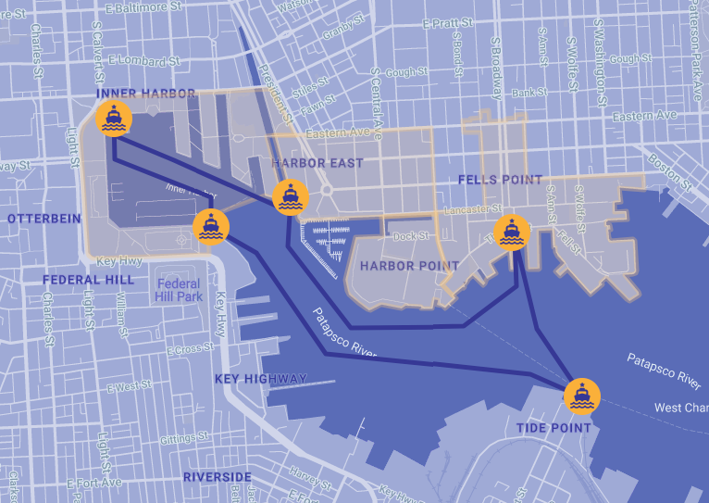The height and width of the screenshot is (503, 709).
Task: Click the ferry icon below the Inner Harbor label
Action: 114,119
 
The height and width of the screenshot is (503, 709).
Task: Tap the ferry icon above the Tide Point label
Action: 581,396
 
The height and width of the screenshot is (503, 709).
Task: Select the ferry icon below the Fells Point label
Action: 511,233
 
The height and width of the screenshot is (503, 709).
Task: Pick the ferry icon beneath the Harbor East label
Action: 290,197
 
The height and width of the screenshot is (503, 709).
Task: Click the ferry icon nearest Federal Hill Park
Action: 210,226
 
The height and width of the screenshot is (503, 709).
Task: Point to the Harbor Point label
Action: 409,266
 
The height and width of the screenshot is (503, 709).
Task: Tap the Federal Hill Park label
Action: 179,291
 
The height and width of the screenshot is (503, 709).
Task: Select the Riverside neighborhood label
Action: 217,477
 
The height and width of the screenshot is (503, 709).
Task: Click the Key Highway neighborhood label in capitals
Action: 260,379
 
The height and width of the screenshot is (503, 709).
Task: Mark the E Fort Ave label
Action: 94,483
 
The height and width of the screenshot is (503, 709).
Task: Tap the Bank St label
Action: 530,93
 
